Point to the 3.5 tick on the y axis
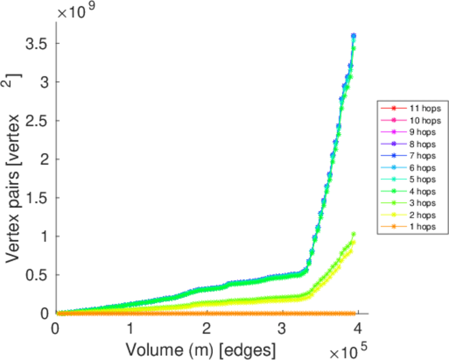point(37,43)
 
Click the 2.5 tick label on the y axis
point(37,121)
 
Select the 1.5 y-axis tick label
point(37,198)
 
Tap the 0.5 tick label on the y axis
point(37,275)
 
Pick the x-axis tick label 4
point(358,329)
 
